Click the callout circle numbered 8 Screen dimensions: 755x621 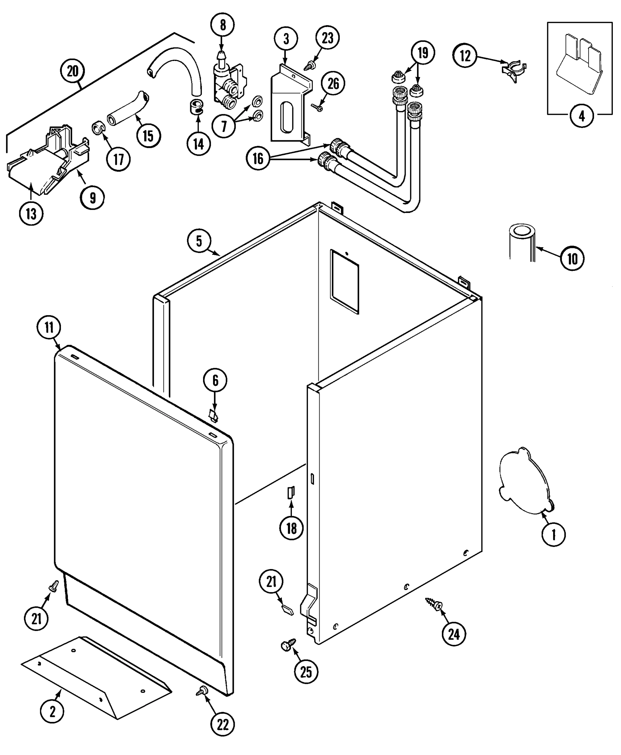pyautogui.click(x=223, y=25)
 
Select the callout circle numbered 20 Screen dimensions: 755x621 pyautogui.click(x=73, y=71)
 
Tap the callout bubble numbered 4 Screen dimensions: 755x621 pyautogui.click(x=582, y=116)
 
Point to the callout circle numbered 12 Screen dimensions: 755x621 pyautogui.click(x=465, y=56)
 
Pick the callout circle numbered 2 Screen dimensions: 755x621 pyautogui.click(x=52, y=712)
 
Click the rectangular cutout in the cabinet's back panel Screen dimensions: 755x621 pyautogui.click(x=344, y=282)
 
